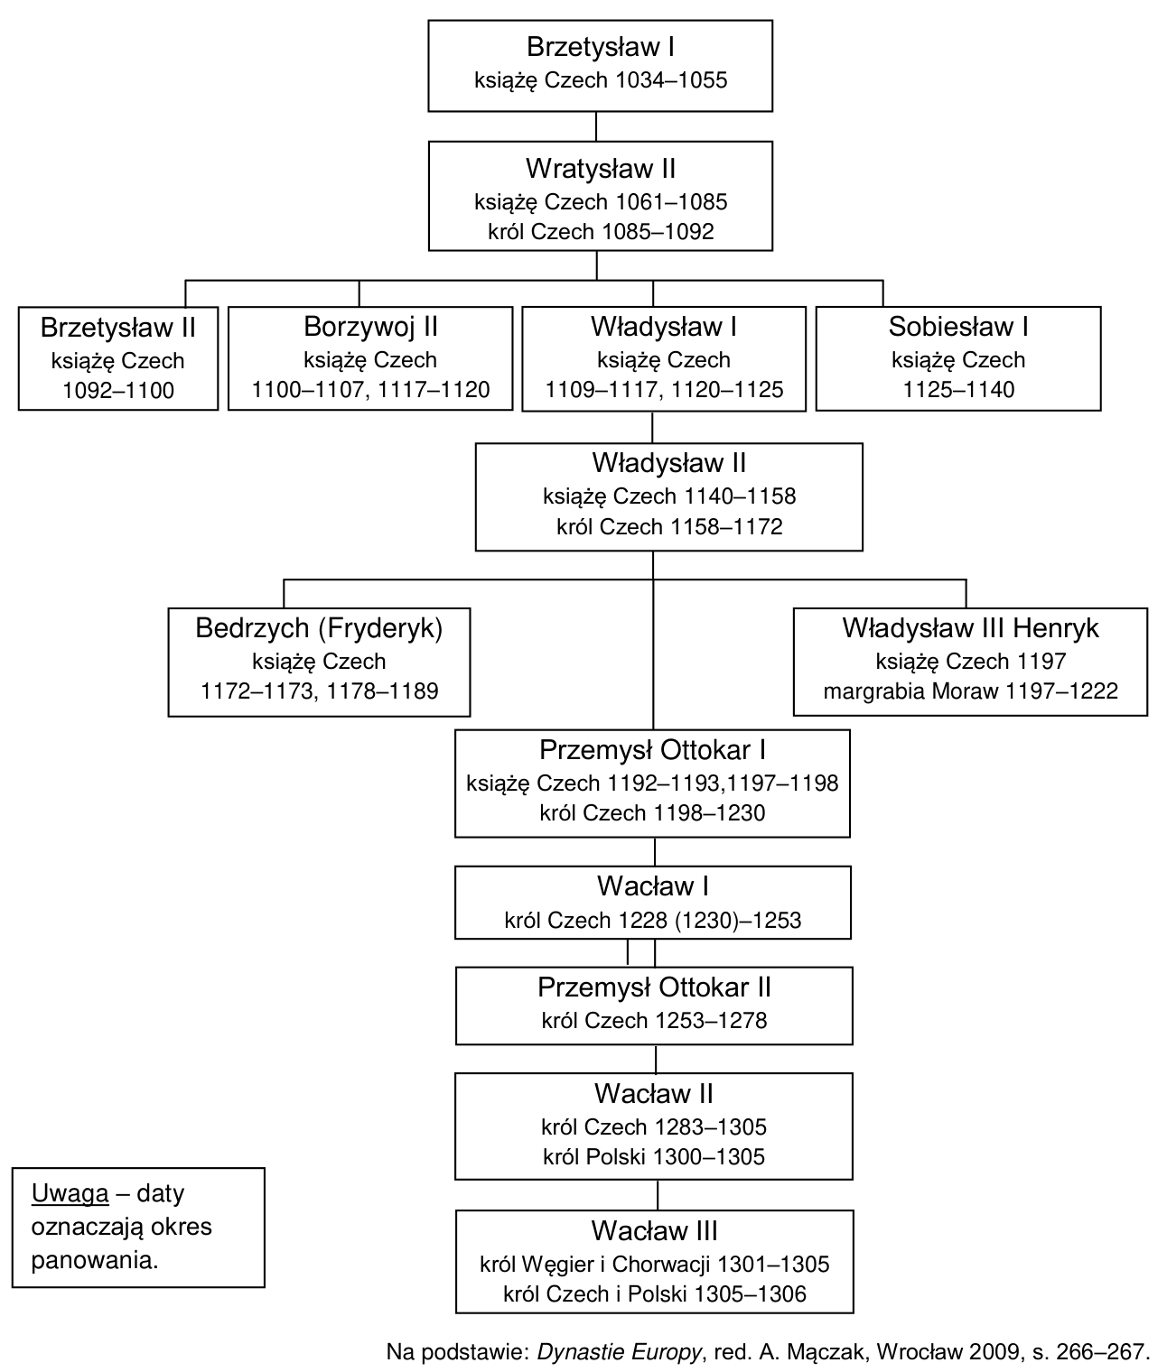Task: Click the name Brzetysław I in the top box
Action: (x=601, y=48)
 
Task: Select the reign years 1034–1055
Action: (x=671, y=80)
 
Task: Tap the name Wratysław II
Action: (x=601, y=170)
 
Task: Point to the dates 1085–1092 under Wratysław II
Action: (x=658, y=232)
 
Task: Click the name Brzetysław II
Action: (x=118, y=328)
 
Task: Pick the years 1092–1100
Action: (x=118, y=391)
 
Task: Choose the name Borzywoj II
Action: (x=370, y=328)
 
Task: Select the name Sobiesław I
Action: (x=958, y=328)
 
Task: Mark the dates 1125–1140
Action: (x=958, y=390)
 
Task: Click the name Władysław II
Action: (x=668, y=463)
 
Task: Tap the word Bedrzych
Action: (x=252, y=628)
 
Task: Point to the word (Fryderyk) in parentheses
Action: (x=380, y=628)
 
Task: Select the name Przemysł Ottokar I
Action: (x=652, y=751)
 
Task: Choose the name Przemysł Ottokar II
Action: (x=654, y=987)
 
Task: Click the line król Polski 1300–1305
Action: (x=654, y=1157)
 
